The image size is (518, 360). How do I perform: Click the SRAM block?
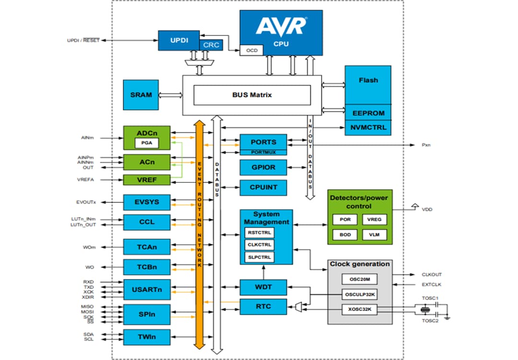(x=141, y=95)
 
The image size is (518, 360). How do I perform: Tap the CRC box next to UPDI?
(x=211, y=45)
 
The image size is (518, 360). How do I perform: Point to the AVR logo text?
(x=281, y=26)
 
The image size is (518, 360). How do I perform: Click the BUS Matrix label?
(x=252, y=95)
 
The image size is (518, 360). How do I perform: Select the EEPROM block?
(x=368, y=113)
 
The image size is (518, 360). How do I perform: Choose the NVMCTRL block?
(x=368, y=128)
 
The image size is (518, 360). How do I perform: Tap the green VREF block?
(x=147, y=180)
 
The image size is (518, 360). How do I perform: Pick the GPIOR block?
(x=263, y=168)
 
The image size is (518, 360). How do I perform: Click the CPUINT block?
(x=263, y=187)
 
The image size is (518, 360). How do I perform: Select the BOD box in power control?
(x=345, y=235)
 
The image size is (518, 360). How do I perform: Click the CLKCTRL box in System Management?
(x=259, y=245)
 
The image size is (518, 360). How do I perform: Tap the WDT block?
(x=263, y=287)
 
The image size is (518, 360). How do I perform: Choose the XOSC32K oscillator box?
(x=360, y=310)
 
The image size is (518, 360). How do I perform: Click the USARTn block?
(x=147, y=289)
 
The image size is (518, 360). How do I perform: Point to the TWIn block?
(x=147, y=337)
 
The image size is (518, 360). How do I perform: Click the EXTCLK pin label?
(x=432, y=285)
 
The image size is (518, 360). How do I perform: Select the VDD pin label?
(x=427, y=210)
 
